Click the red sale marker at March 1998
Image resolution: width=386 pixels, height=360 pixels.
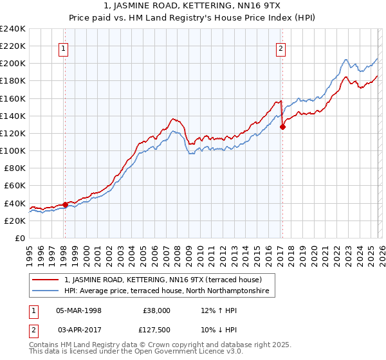65,205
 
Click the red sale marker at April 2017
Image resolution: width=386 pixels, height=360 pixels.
282,127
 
